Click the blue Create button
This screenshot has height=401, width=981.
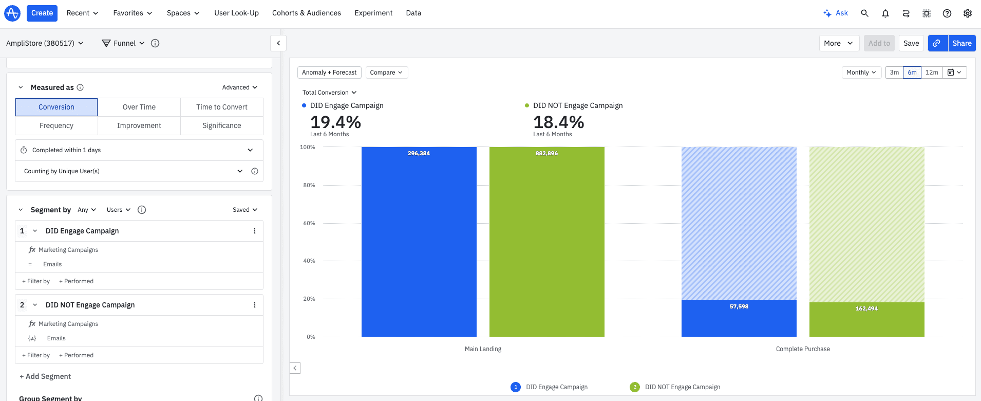pos(42,13)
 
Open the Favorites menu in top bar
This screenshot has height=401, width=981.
pos(133,13)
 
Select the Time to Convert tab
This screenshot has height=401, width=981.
pos(221,107)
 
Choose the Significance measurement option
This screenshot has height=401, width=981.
pos(221,125)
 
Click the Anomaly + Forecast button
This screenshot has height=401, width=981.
pos(329,72)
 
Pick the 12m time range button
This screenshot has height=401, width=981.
pos(931,72)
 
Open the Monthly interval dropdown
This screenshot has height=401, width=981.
pos(861,72)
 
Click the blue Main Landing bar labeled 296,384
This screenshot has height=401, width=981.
pos(419,242)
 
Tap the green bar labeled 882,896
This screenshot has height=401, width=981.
pos(546,242)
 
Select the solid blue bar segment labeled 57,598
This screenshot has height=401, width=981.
pos(739,319)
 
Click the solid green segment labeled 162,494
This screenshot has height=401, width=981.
pos(866,320)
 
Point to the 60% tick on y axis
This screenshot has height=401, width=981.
pos(309,223)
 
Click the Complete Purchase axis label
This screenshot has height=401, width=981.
pos(802,349)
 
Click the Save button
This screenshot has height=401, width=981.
pos(911,43)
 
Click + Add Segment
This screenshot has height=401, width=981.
pos(45,376)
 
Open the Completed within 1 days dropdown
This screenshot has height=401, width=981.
pos(139,150)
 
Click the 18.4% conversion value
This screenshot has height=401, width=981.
pos(558,122)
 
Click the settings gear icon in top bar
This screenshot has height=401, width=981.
pos(967,13)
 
